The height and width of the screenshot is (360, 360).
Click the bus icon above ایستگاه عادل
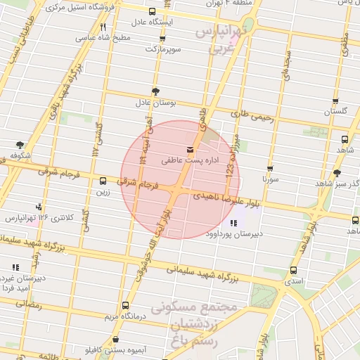(x=153, y=12)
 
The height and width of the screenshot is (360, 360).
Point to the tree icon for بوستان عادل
(x=155, y=91)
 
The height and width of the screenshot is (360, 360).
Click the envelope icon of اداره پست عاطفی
(x=190, y=150)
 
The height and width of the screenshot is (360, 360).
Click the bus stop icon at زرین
(x=103, y=181)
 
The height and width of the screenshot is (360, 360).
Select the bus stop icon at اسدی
(x=293, y=270)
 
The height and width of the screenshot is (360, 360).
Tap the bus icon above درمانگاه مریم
(x=125, y=305)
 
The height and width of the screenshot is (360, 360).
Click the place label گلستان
(x=335, y=111)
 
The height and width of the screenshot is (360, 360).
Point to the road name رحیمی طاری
(x=251, y=111)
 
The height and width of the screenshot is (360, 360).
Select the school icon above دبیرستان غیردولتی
(x=15, y=267)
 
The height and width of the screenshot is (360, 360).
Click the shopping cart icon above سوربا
(x=270, y=169)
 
